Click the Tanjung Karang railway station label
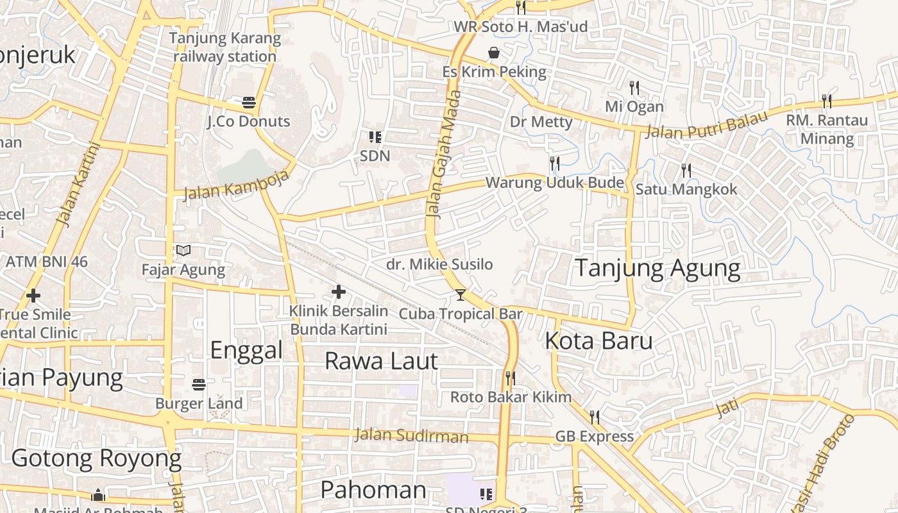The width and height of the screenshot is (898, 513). [224, 47]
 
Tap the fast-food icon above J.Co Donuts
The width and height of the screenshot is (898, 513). [249, 103]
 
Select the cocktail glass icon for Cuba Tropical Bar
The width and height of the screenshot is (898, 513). [461, 295]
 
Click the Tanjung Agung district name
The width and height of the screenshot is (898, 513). [657, 268]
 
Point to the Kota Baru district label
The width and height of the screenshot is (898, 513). [598, 341]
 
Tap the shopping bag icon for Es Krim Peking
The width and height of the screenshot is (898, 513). [494, 53]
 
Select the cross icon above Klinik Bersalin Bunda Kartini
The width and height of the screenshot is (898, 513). [338, 292]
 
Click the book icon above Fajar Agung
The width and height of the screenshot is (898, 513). [183, 251]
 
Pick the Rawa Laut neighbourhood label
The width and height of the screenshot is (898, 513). [381, 361]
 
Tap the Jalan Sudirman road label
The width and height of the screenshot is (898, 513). [411, 436]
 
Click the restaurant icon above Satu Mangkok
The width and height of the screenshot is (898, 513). [686, 171]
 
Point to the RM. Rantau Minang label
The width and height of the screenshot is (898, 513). [827, 130]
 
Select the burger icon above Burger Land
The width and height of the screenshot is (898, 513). [199, 385]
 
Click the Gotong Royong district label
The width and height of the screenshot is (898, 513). [96, 458]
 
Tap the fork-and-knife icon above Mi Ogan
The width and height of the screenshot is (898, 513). [634, 87]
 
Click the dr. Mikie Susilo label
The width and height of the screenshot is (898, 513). [439, 264]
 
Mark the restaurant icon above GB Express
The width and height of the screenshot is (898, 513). [595, 417]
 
